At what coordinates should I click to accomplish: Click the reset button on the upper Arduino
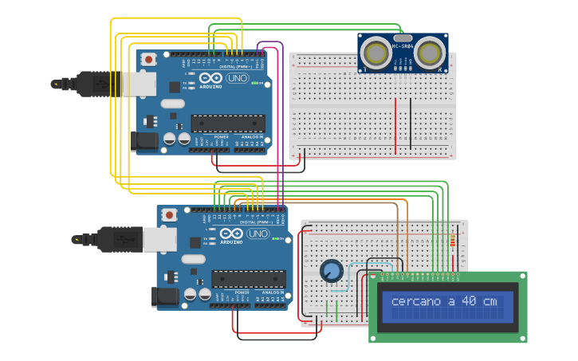pos(147,58)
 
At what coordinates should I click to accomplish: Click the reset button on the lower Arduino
pos(168,214)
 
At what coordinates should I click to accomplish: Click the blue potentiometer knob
pos(331,271)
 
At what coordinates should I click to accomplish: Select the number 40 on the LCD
pos(470,301)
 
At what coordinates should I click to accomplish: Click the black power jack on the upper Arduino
pos(144,141)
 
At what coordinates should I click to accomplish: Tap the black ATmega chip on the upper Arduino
pos(227,123)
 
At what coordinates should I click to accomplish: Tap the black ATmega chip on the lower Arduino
pos(248,279)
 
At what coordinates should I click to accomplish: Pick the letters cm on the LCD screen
pos(489,301)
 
